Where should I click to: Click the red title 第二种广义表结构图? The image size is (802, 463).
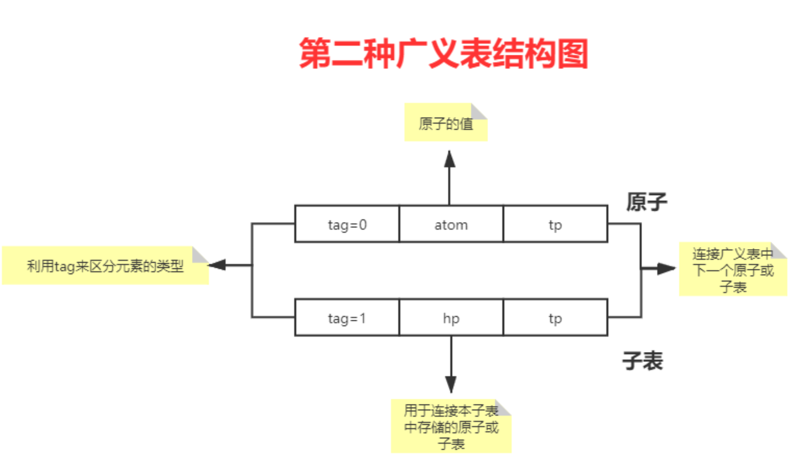pyautogui.click(x=444, y=54)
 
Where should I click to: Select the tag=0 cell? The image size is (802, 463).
pyautogui.click(x=347, y=224)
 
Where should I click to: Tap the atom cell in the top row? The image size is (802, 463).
pyautogui.click(x=451, y=224)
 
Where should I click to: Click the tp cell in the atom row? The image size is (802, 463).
pyautogui.click(x=555, y=224)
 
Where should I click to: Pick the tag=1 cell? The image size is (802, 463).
pyautogui.click(x=347, y=317)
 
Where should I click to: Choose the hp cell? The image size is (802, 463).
pyautogui.click(x=451, y=317)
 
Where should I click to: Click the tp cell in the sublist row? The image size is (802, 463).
pyautogui.click(x=555, y=317)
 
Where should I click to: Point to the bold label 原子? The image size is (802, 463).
pyautogui.click(x=646, y=202)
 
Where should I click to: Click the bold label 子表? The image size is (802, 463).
pyautogui.click(x=643, y=360)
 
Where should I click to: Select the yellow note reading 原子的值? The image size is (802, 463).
pyautogui.click(x=446, y=122)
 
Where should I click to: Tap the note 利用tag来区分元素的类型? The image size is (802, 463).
pyautogui.click(x=105, y=266)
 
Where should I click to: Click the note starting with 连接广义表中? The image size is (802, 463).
pyautogui.click(x=733, y=269)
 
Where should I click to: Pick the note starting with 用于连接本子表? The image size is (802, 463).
pyautogui.click(x=451, y=426)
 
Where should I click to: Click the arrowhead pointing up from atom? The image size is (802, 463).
pyautogui.click(x=450, y=159)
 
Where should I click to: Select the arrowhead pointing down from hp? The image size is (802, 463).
pyautogui.click(x=451, y=385)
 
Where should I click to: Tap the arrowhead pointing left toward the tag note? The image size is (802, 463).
pyautogui.click(x=217, y=265)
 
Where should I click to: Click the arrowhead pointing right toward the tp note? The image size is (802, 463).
pyautogui.click(x=666, y=268)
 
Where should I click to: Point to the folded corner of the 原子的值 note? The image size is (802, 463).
pyautogui.click(x=479, y=111)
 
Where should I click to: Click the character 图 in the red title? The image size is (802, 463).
pyautogui.click(x=573, y=54)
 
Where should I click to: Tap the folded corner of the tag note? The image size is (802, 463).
pyautogui.click(x=200, y=254)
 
